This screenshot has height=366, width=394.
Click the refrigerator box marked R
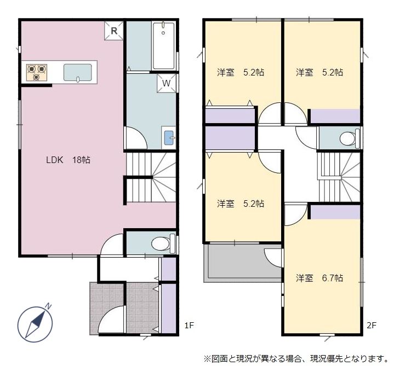(x=114, y=31)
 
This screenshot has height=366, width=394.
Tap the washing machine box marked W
(x=167, y=83)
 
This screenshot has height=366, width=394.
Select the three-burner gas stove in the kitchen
(x=37, y=72)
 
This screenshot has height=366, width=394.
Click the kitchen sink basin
(x=78, y=73)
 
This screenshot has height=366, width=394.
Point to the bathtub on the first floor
(x=164, y=46)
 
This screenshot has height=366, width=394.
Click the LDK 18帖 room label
(x=68, y=160)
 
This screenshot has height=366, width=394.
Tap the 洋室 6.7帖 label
(x=319, y=278)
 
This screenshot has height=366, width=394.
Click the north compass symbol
(x=35, y=324)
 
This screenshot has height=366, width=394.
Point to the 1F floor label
(x=189, y=326)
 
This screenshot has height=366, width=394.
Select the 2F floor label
(x=372, y=326)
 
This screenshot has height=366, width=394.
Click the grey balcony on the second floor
(x=243, y=263)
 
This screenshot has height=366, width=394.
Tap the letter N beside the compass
(x=48, y=306)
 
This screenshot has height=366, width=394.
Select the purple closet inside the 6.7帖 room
(x=335, y=212)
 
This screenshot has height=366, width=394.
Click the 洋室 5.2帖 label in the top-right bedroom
(x=319, y=73)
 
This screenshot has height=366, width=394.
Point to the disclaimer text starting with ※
(x=296, y=359)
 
